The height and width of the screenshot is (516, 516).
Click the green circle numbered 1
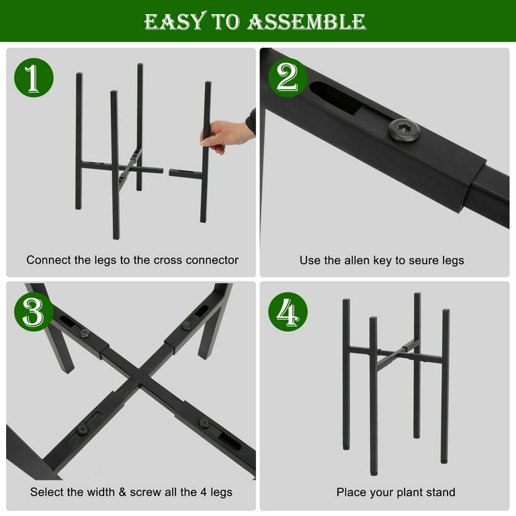coord(34,78)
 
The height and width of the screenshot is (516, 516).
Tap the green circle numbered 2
coord(288,78)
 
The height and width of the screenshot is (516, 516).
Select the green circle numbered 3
coord(34,312)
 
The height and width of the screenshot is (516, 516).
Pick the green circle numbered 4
coord(288,312)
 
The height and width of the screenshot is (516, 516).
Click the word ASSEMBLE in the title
coord(306,21)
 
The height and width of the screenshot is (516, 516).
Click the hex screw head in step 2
coord(404,130)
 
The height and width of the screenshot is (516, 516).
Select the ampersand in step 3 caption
coord(122,492)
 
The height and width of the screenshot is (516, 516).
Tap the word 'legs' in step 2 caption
coord(453,261)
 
